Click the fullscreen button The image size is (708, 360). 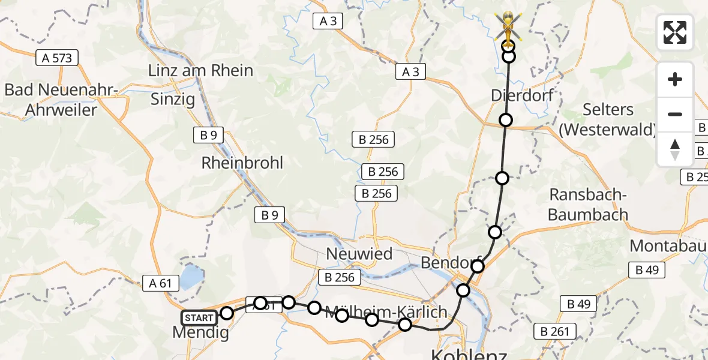675,32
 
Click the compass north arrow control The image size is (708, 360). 675,149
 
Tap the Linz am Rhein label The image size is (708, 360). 200,71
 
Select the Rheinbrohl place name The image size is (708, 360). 242,163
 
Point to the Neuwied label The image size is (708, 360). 359,254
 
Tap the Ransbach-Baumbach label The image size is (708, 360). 589,205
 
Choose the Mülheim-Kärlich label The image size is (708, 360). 386,312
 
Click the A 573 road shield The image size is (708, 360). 57,58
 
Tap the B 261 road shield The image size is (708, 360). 558,331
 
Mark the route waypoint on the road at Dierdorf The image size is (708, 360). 506,120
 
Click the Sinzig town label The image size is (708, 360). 172,99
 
